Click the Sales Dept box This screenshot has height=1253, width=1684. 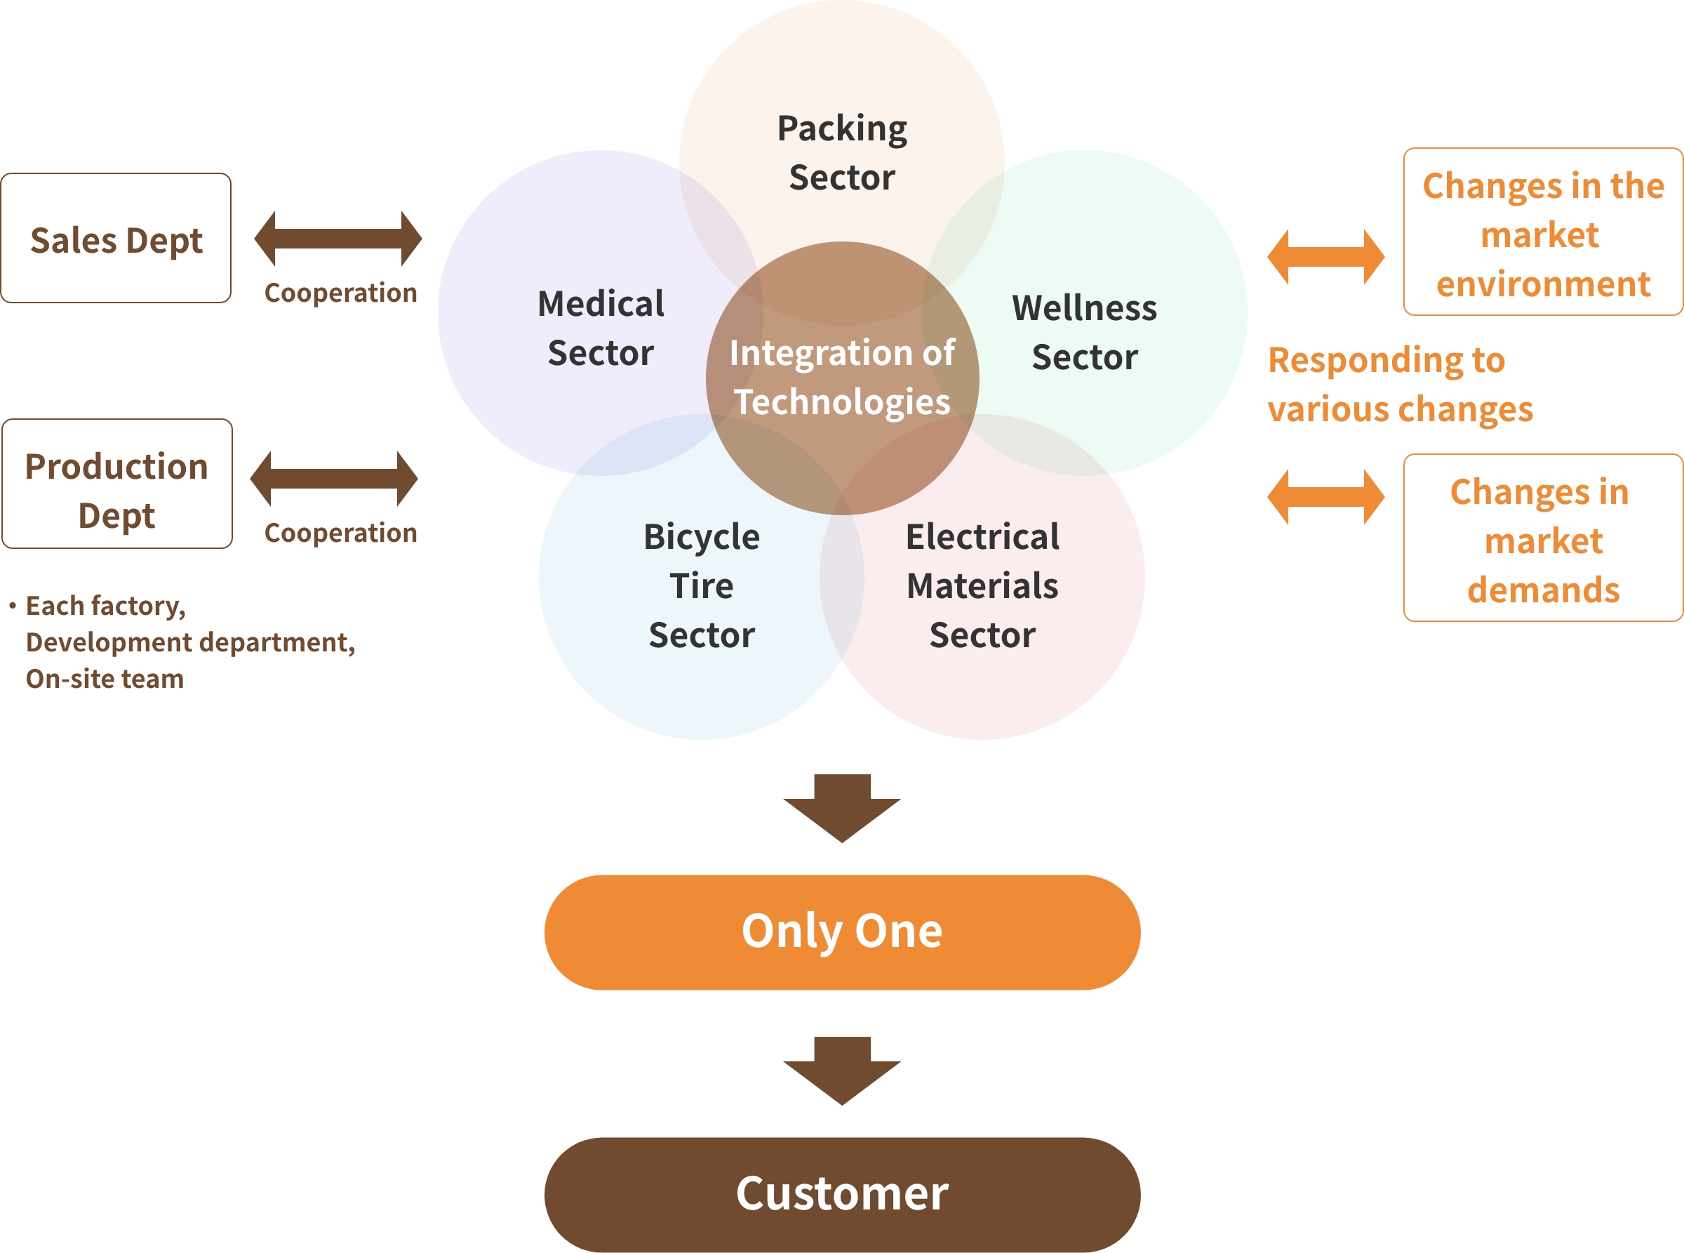click(116, 239)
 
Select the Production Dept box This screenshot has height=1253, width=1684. click(116, 484)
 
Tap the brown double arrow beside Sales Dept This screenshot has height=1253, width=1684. click(338, 238)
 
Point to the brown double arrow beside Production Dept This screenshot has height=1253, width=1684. click(333, 479)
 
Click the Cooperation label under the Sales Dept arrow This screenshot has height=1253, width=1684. click(340, 293)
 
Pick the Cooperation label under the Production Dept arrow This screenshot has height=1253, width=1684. click(340, 533)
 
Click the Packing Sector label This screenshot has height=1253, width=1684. click(841, 152)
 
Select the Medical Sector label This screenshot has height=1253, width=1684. click(601, 328)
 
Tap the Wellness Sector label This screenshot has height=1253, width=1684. click(1084, 332)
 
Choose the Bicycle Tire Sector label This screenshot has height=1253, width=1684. click(702, 585)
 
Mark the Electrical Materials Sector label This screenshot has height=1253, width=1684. click(982, 585)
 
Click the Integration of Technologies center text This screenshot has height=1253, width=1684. click(841, 377)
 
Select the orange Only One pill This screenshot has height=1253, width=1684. click(841, 932)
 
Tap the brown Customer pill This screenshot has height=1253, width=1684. click(841, 1194)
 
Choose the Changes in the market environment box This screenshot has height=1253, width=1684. click(1542, 232)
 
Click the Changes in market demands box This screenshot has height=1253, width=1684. click(1542, 538)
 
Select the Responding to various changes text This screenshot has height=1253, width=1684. click(1400, 384)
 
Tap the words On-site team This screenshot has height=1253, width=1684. click(105, 679)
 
